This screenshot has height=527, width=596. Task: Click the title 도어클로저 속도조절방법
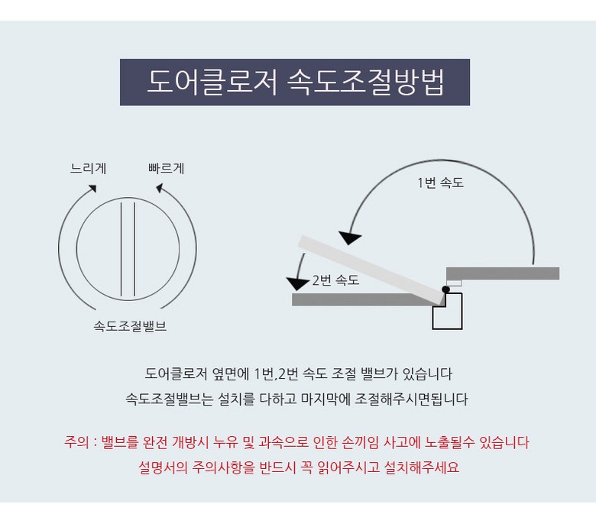[295, 82]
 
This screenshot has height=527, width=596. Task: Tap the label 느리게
[88, 168]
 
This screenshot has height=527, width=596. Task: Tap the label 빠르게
[167, 168]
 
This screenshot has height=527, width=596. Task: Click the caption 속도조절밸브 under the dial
[130, 326]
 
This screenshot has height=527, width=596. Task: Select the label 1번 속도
[441, 183]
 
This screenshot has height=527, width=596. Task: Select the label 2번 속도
[335, 280]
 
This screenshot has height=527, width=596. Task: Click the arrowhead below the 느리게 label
[92, 189]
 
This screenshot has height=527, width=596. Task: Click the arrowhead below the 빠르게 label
[160, 188]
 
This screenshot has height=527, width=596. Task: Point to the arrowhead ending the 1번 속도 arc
[350, 238]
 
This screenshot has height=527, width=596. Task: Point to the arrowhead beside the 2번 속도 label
[297, 284]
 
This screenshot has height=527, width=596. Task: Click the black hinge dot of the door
[446, 289]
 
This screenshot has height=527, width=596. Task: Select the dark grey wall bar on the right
[503, 273]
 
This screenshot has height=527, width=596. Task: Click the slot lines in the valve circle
[128, 249]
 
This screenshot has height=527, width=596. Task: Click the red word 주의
[76, 442]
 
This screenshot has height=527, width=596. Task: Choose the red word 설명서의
[163, 467]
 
